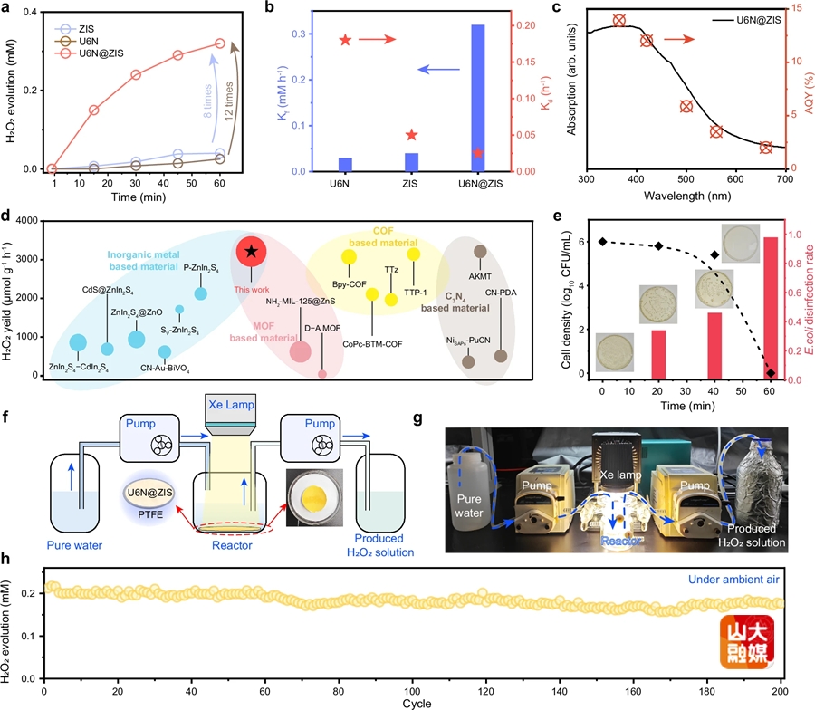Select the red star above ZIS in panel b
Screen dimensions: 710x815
(x=412, y=135)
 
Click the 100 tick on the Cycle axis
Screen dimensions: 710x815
(x=413, y=693)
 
